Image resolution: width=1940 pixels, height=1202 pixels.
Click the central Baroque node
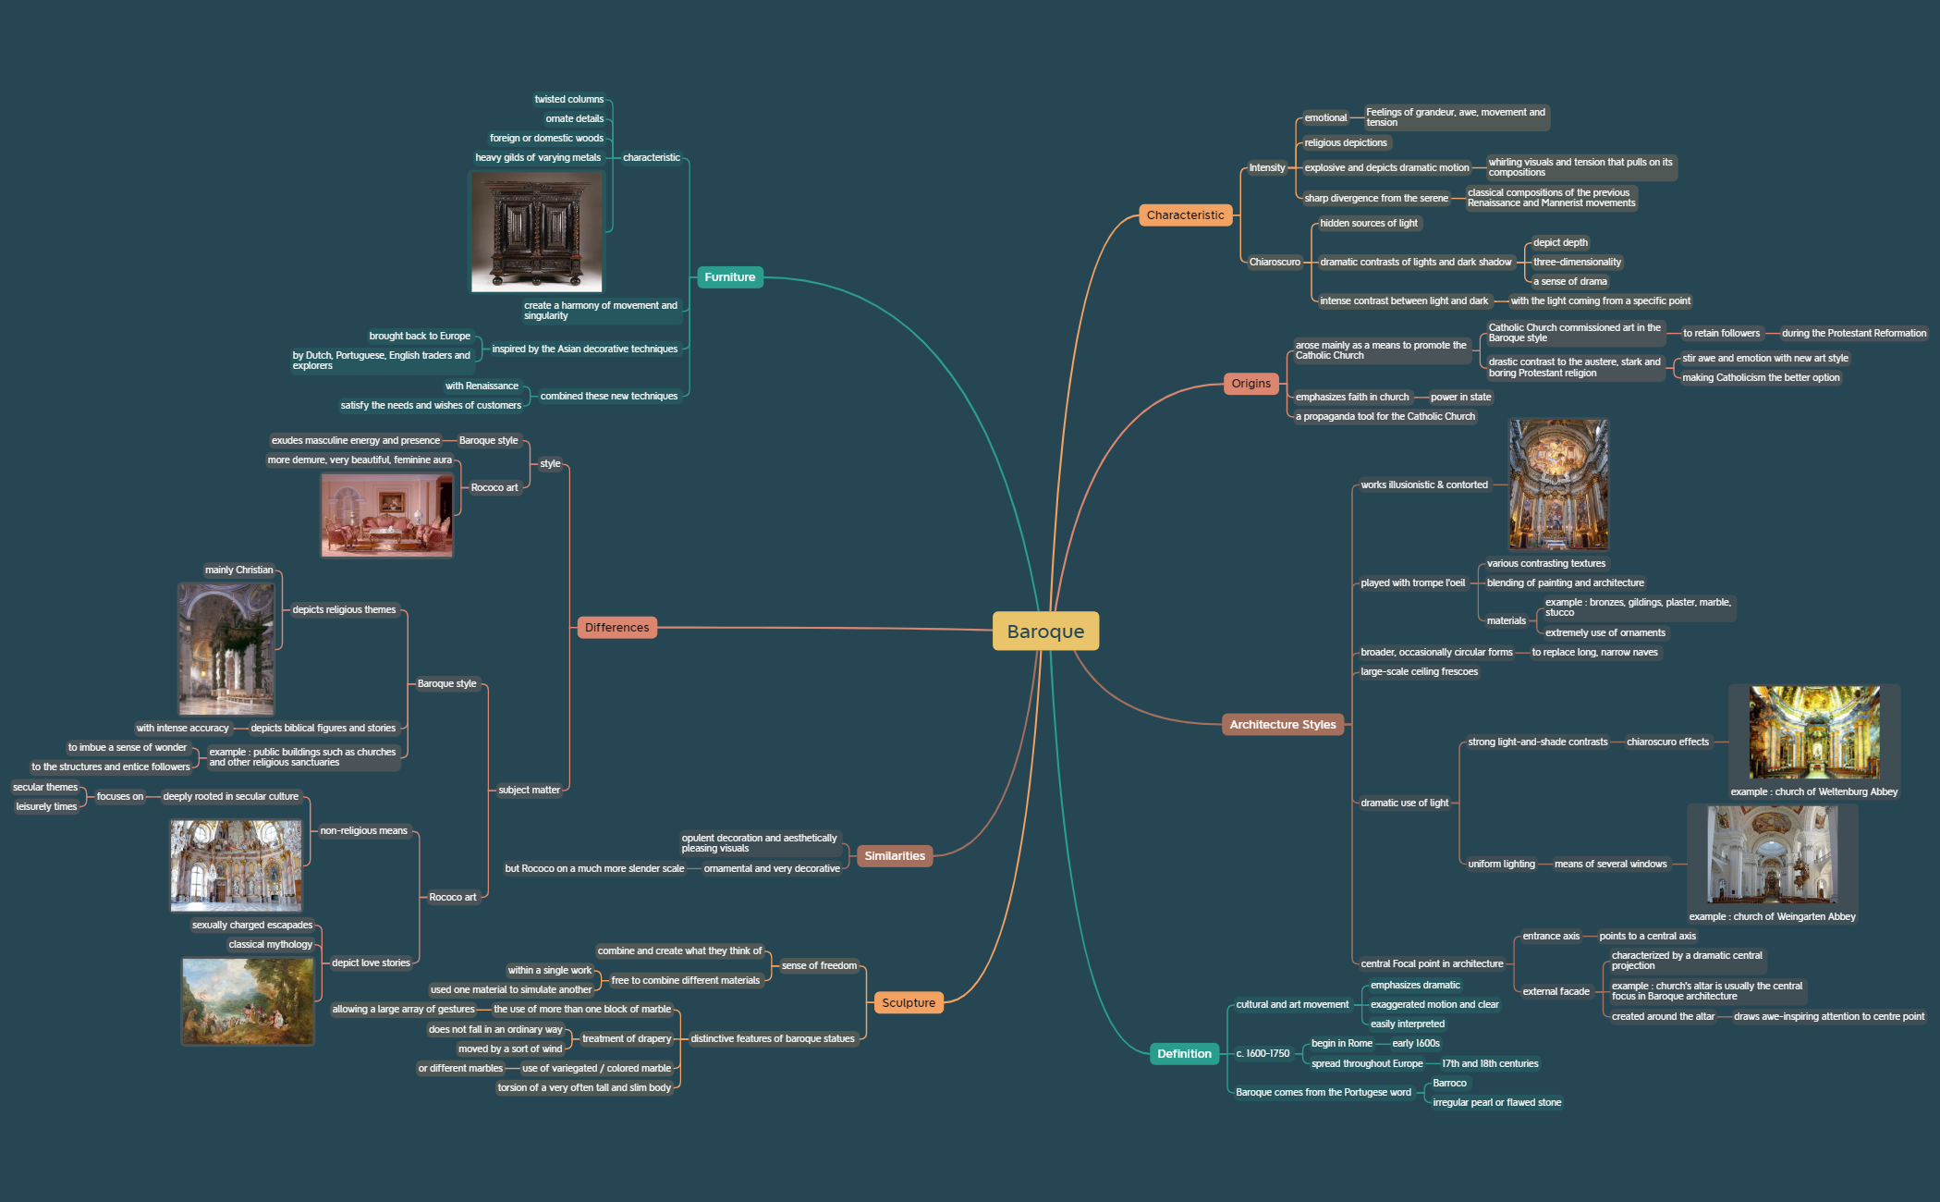click(x=1045, y=632)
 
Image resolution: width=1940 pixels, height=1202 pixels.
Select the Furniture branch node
click(x=729, y=277)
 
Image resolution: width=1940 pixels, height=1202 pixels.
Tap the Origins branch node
click(x=1251, y=384)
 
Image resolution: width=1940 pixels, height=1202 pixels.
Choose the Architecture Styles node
click(x=1282, y=725)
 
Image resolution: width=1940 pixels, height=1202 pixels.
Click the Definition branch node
click(x=1184, y=1054)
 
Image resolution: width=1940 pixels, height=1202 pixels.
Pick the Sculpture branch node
click(x=908, y=1003)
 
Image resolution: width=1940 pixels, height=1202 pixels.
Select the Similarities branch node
click(x=894, y=856)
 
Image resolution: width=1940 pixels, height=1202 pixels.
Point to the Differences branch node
click(x=616, y=628)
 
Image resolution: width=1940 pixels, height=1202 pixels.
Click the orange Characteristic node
click(x=1185, y=215)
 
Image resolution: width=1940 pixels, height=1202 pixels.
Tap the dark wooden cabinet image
click(x=536, y=232)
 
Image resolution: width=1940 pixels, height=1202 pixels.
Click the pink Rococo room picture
click(x=386, y=515)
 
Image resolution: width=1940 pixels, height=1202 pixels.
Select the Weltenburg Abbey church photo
click(x=1813, y=732)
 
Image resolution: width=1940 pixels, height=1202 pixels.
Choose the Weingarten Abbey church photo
click(x=1771, y=854)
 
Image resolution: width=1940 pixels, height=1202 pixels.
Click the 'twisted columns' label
click(x=568, y=100)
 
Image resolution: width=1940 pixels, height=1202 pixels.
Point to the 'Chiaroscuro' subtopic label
click(x=1274, y=263)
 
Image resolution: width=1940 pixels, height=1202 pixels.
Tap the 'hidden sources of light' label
click(x=1368, y=224)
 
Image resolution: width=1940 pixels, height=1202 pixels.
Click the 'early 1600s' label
click(x=1415, y=1044)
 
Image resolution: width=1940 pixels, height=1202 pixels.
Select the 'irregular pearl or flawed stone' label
click(x=1496, y=1103)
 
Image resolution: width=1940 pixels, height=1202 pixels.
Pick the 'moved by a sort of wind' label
click(x=509, y=1049)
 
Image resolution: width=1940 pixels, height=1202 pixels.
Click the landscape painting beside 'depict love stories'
click(x=248, y=1001)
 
